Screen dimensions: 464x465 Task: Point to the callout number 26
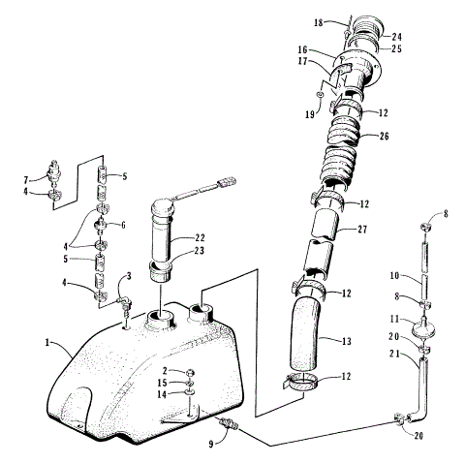click(384, 136)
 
